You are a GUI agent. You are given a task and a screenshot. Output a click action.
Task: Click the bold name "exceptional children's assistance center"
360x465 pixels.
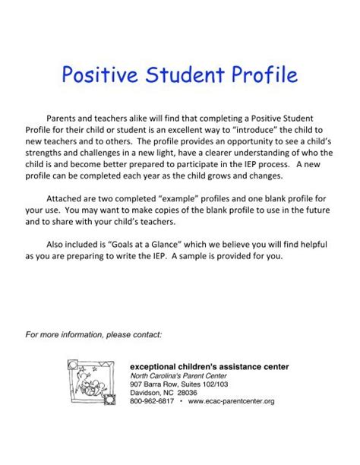[209, 366]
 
